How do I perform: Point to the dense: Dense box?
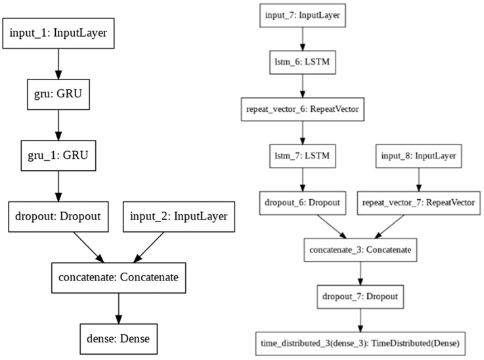[118, 339]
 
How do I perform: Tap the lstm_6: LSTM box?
[302, 64]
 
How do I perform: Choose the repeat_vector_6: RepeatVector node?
[302, 109]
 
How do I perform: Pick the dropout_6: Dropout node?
[302, 203]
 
